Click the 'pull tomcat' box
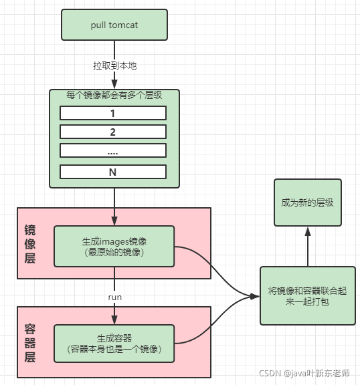pos(114,25)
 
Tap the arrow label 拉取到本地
pos(114,66)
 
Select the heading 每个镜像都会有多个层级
pos(114,96)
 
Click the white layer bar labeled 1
pos(113,112)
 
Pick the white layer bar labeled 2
pos(113,131)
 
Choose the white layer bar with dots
pos(113,150)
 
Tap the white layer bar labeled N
pos(113,172)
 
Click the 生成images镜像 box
pos(114,246)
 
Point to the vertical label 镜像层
pos(30,242)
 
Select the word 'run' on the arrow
pos(114,295)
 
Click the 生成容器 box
pos(114,343)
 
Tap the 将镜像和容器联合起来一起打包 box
pos(307,295)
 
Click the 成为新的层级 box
pos(307,201)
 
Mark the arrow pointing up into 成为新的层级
pos(307,246)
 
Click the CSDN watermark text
pos(304,373)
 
